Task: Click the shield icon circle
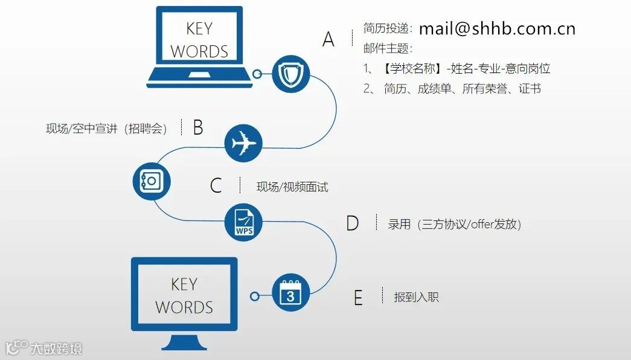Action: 290,74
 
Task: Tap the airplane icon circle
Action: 243,143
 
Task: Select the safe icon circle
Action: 152,181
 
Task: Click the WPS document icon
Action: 244,222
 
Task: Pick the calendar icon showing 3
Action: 290,293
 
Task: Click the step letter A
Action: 328,39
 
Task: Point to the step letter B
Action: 197,127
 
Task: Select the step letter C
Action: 216,185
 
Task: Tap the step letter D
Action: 352,223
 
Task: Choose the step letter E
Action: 358,298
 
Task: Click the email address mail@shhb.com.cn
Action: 497,28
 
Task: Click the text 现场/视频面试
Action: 292,187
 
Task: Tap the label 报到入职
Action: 416,297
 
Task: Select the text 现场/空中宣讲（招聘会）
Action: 106,129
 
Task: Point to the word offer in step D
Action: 482,225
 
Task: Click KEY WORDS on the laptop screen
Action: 199,40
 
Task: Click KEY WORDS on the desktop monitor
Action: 184,295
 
